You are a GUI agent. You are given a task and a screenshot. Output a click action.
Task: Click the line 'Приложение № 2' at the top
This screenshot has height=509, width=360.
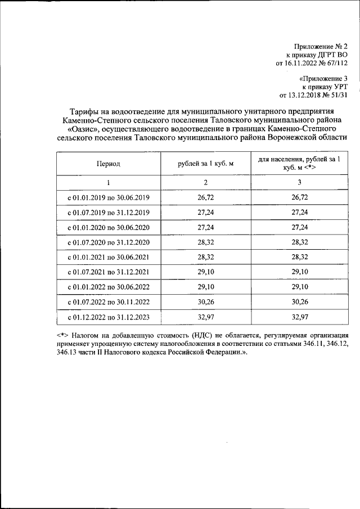(x=322, y=46)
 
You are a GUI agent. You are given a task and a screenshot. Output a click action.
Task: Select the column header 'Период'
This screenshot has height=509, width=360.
(x=108, y=164)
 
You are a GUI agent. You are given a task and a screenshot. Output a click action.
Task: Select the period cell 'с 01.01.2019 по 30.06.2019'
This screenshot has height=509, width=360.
(x=108, y=198)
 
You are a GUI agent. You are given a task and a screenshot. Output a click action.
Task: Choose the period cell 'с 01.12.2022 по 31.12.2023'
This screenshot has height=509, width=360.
(x=108, y=317)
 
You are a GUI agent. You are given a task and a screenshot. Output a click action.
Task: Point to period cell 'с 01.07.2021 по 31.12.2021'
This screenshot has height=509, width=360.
(x=108, y=272)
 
